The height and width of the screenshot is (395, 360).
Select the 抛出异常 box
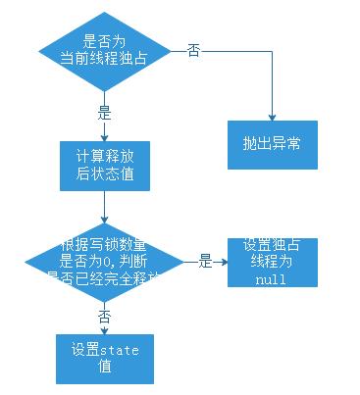[x=273, y=143]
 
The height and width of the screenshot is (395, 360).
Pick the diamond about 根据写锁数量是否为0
[x=104, y=262]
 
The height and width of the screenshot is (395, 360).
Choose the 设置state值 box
[x=104, y=358]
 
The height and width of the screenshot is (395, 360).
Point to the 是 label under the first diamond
[x=104, y=112]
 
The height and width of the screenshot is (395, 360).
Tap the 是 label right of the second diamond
[x=206, y=262]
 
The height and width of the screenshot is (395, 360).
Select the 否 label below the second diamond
[x=104, y=316]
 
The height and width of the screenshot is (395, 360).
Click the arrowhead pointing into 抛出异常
[x=273, y=116]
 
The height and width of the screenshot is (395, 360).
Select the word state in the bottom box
[x=114, y=350]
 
